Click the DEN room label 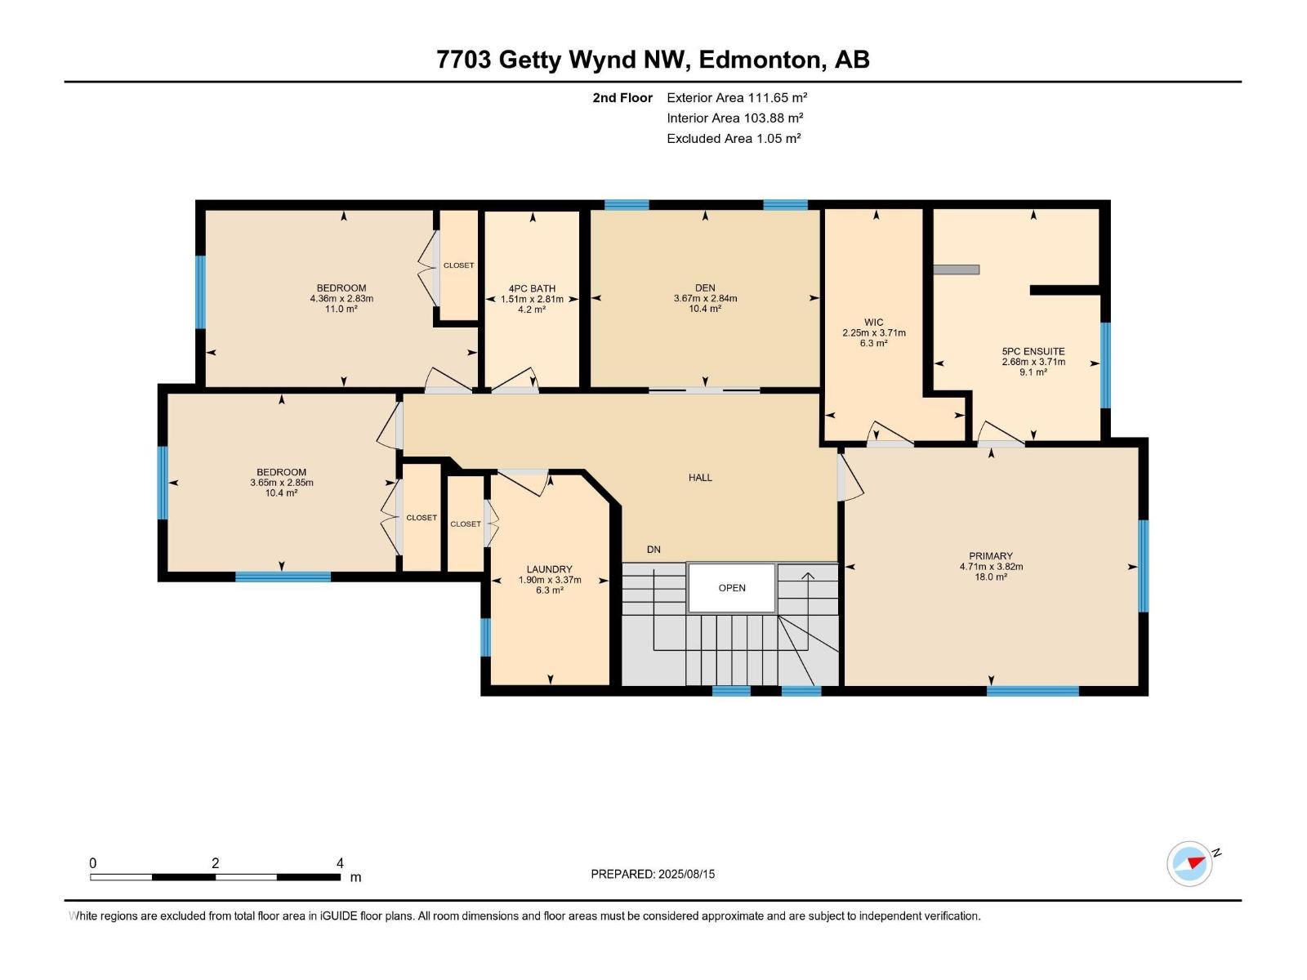[x=705, y=287]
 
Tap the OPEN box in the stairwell [x=732, y=588]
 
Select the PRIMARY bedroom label [x=991, y=556]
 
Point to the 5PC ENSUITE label [x=1033, y=351]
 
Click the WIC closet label [x=873, y=323]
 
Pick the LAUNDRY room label [x=549, y=569]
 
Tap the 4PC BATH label [x=532, y=288]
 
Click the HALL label [x=700, y=478]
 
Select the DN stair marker [x=653, y=550]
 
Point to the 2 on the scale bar [x=216, y=863]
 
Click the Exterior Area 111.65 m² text [x=737, y=97]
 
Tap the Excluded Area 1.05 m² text [x=734, y=138]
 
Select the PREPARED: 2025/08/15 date [x=653, y=874]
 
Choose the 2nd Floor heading [x=622, y=98]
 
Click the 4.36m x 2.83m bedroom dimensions [x=341, y=299]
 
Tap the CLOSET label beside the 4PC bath [x=459, y=265]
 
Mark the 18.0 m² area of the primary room [x=991, y=577]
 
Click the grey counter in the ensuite [x=957, y=269]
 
